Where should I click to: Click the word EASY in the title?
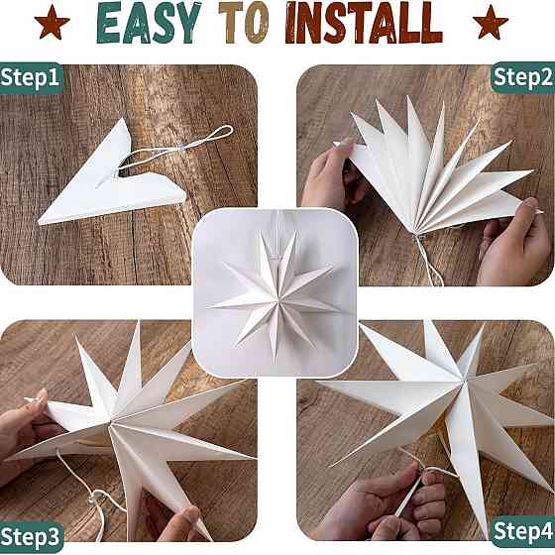tap(149, 23)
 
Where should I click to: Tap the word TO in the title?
tap(244, 23)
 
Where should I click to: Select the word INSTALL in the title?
tap(364, 23)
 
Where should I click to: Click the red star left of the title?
tap(52, 22)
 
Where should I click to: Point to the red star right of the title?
tap(491, 22)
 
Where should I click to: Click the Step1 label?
tap(30, 77)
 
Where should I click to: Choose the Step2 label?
tap(523, 77)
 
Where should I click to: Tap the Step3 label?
tap(31, 537)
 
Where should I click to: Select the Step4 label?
tap(523, 531)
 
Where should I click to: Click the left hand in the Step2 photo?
tap(327, 173)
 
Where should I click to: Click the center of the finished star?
tap(278, 300)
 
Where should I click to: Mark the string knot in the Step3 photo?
tap(95, 498)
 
